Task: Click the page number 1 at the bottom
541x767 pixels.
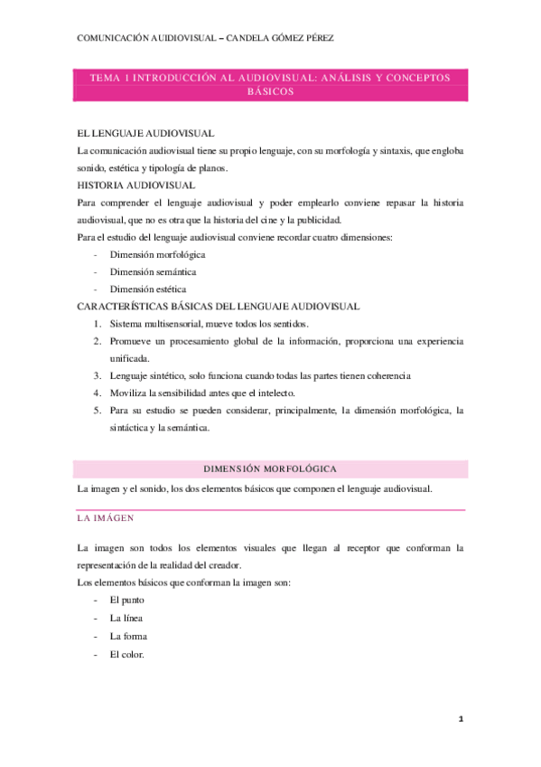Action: (x=461, y=719)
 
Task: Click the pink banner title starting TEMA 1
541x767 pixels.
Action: (x=271, y=85)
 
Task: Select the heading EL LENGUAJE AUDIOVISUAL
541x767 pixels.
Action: (x=145, y=133)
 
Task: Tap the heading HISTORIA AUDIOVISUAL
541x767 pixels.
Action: (x=143, y=185)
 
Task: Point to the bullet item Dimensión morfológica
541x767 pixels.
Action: (x=157, y=254)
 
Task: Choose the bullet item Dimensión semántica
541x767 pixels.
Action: (x=153, y=271)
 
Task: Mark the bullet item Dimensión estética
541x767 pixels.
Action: (x=148, y=289)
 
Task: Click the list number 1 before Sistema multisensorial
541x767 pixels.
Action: (x=98, y=323)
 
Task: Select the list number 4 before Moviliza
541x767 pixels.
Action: (x=98, y=393)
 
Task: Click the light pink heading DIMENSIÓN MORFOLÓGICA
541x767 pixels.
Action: (x=271, y=469)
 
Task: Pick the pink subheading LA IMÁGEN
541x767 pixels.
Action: (x=106, y=518)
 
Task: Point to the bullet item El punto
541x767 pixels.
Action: (x=126, y=600)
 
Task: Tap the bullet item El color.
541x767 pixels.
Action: (x=126, y=654)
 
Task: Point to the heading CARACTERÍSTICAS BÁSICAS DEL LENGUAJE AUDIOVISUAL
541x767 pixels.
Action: (x=219, y=306)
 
